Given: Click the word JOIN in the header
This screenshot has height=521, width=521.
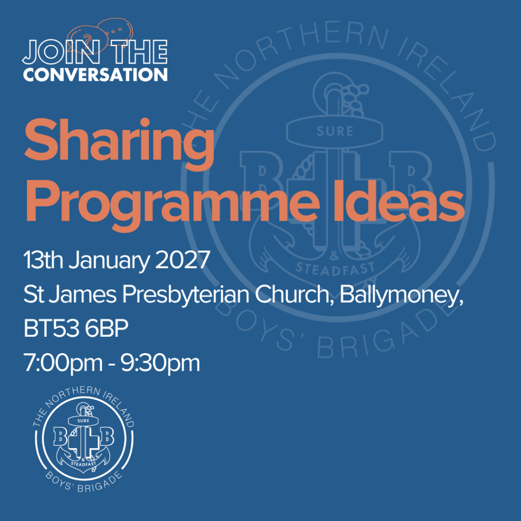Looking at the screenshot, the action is (x=62, y=52).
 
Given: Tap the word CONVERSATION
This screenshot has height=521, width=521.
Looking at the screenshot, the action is (x=95, y=74).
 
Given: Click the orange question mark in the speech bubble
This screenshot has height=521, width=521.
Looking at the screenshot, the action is (x=88, y=40).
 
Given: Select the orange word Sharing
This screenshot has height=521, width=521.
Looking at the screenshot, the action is (x=120, y=143).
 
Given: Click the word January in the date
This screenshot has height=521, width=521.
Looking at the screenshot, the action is (x=109, y=262).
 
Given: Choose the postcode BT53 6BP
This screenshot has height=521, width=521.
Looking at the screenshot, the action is (x=76, y=329).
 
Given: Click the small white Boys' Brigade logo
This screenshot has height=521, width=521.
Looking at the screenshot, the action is (x=84, y=439).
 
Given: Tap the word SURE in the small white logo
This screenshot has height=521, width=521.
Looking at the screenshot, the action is (x=83, y=421).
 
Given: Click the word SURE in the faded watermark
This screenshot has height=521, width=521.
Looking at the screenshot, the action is (x=335, y=132).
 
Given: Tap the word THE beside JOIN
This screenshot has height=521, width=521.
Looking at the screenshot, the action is (x=139, y=52).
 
